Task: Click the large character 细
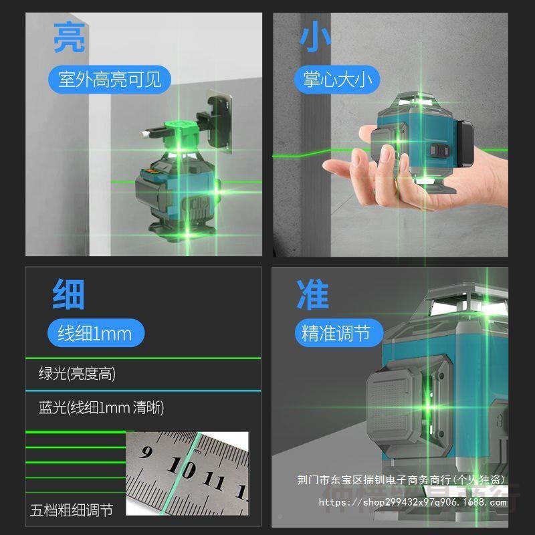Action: pos(69,295)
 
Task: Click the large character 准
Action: pos(313,295)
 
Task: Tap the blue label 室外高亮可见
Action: pos(110,80)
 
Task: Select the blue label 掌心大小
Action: pos(336,80)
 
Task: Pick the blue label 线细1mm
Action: pos(95,333)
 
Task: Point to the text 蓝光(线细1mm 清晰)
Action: pos(101,407)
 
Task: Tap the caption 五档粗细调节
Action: pos(72,510)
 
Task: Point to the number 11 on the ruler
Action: pos(215,481)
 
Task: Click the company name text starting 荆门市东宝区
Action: pos(401,480)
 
